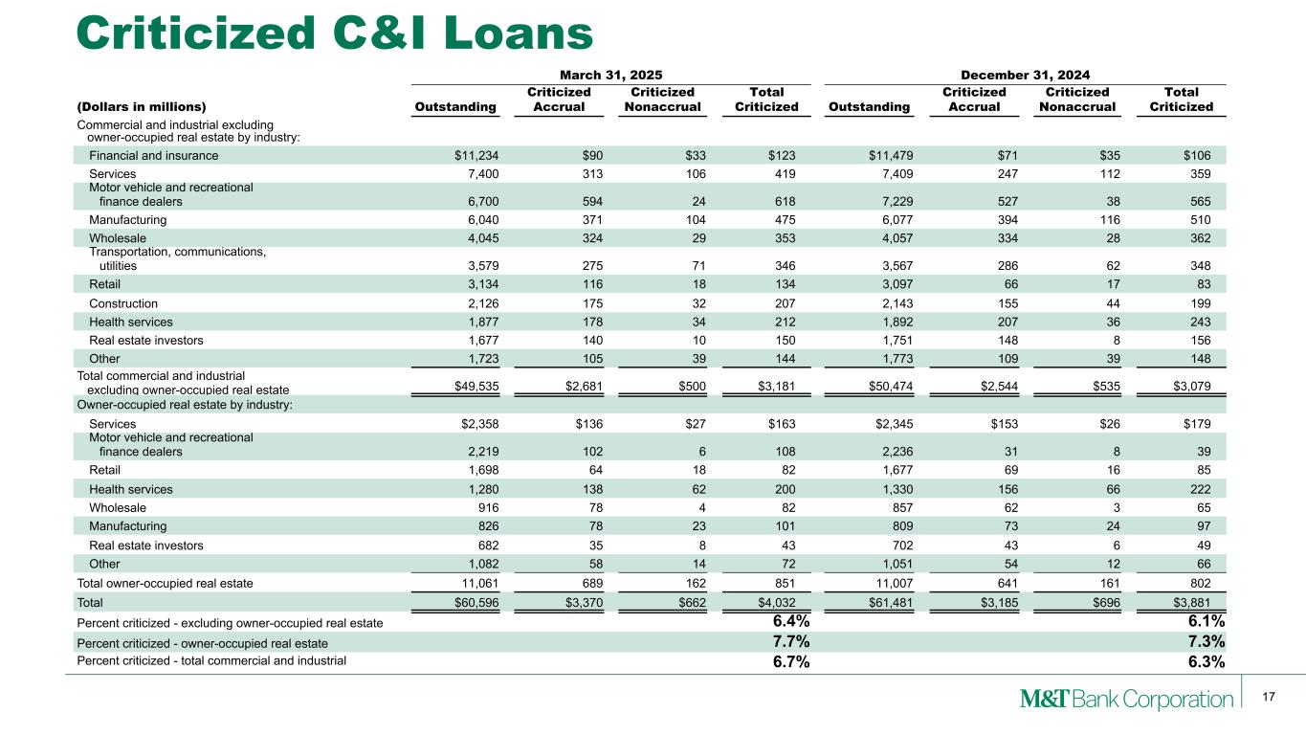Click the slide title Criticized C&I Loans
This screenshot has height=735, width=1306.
[x=335, y=33]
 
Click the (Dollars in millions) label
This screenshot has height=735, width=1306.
[x=142, y=107]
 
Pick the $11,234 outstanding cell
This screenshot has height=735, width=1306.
[x=475, y=155]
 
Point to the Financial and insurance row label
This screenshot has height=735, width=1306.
[x=154, y=155]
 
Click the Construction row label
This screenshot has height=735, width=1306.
[x=123, y=303]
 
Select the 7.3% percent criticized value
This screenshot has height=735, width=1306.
[x=1206, y=641]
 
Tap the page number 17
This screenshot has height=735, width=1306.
[x=1269, y=697]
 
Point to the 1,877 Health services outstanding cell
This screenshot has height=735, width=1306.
[x=478, y=322]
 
